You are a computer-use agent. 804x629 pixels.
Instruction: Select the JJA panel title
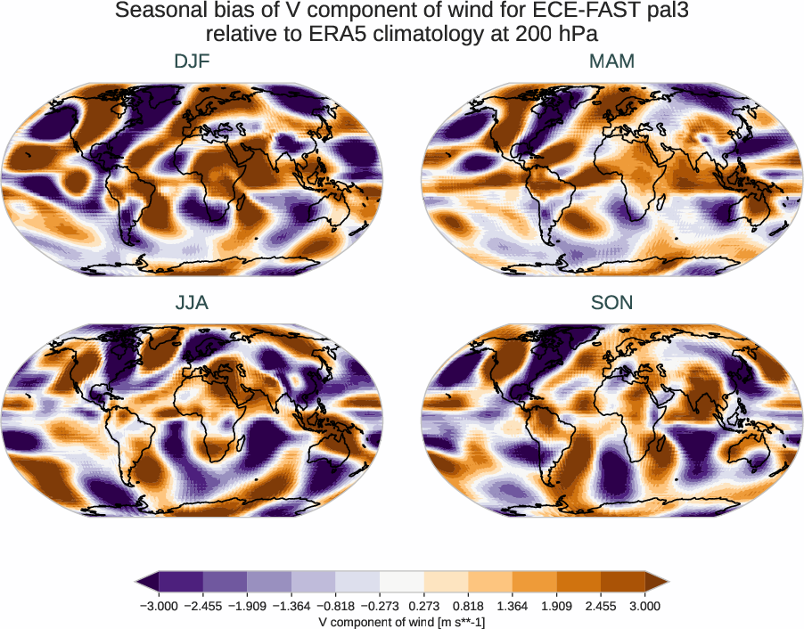pyautogui.click(x=193, y=303)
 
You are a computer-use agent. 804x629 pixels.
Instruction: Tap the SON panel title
pyautogui.click(x=612, y=303)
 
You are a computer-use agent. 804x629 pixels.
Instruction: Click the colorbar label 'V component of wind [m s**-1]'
pyautogui.click(x=402, y=622)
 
